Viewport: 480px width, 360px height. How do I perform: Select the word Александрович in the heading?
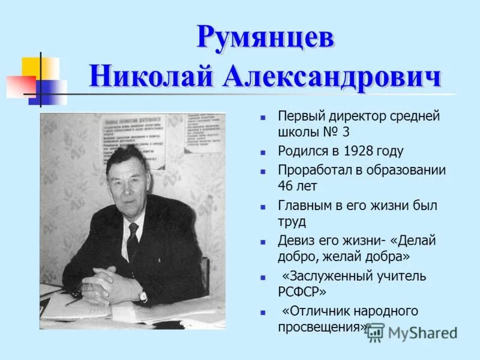(x=332, y=77)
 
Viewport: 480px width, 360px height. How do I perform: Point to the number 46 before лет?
(x=286, y=185)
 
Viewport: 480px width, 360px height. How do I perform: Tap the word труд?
(x=292, y=221)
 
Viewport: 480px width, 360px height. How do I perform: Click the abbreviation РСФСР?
(x=302, y=292)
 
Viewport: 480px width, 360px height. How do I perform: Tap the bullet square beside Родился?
(x=263, y=152)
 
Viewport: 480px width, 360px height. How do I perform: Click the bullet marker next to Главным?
(x=263, y=206)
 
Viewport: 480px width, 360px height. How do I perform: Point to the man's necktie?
(x=133, y=241)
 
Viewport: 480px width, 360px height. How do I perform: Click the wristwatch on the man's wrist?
(x=142, y=295)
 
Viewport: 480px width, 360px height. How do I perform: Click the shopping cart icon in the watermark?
(x=375, y=332)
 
